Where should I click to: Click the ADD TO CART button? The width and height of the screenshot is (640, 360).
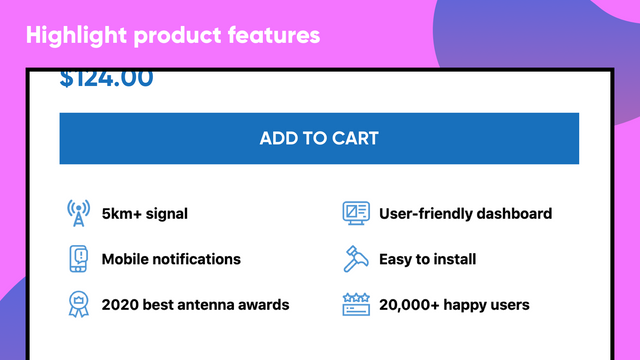[319, 138]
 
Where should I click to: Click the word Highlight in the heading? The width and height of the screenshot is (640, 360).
[75, 35]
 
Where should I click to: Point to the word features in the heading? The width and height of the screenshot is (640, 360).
[277, 35]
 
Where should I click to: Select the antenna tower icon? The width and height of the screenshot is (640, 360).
[78, 213]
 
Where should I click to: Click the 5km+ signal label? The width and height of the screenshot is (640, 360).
[145, 213]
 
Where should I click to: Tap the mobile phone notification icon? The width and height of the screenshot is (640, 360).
[78, 259]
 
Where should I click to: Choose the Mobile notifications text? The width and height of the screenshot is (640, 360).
[171, 259]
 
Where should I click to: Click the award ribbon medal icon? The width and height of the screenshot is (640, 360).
[78, 304]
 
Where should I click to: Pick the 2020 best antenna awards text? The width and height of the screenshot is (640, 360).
[195, 304]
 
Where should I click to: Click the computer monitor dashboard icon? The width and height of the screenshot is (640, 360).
[355, 213]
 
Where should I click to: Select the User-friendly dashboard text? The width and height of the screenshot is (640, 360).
[465, 213]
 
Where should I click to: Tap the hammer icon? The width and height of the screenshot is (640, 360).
[355, 259]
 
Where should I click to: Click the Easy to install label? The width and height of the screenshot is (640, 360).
[427, 259]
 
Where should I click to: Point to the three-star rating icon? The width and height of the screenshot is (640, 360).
[355, 304]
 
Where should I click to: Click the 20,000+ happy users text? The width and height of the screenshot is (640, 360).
[454, 304]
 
